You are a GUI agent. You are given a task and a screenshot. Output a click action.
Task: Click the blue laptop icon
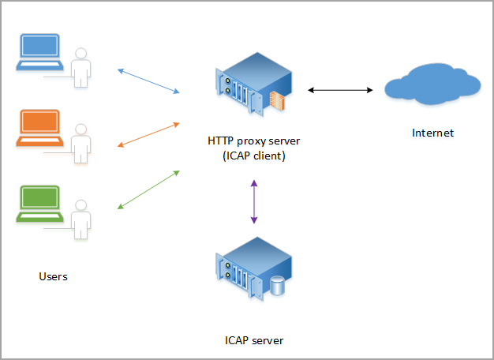pyautogui.click(x=39, y=53)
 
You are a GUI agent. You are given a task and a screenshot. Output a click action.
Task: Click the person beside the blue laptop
pyautogui.click(x=80, y=68)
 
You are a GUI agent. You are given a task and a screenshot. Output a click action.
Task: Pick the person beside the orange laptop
pyautogui.click(x=80, y=141)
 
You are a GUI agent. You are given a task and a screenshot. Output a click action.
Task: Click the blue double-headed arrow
pyautogui.click(x=148, y=82)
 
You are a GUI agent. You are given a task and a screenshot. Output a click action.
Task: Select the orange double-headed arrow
pyautogui.click(x=148, y=134)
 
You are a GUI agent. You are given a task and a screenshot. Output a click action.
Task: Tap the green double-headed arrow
pyautogui.click(x=148, y=189)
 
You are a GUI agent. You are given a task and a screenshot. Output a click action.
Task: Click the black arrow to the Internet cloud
pyautogui.click(x=340, y=91)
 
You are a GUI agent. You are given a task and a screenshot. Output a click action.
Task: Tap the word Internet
pyautogui.click(x=433, y=133)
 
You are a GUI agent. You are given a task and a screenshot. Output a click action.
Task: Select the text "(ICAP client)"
pyautogui.click(x=254, y=156)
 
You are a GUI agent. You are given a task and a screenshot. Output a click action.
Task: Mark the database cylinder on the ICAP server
pyautogui.click(x=276, y=285)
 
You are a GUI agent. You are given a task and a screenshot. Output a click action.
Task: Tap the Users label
pyautogui.click(x=53, y=276)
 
